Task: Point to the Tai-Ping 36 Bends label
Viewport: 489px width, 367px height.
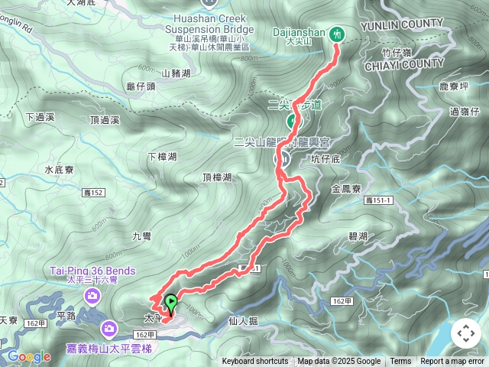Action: [x=92, y=271]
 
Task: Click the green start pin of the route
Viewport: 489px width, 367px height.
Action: [x=170, y=303]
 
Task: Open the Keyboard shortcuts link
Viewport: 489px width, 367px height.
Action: [x=255, y=362]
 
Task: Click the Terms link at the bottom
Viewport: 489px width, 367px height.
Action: [x=400, y=362]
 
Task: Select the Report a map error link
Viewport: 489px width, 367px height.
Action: [x=452, y=362]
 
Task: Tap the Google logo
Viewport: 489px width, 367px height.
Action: [x=28, y=356]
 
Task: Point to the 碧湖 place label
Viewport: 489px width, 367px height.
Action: [x=357, y=235]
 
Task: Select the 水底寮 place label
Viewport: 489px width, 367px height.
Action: [x=58, y=170]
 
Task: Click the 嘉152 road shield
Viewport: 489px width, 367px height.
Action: [x=95, y=193]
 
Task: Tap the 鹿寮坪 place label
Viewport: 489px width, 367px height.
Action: [x=453, y=87]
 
